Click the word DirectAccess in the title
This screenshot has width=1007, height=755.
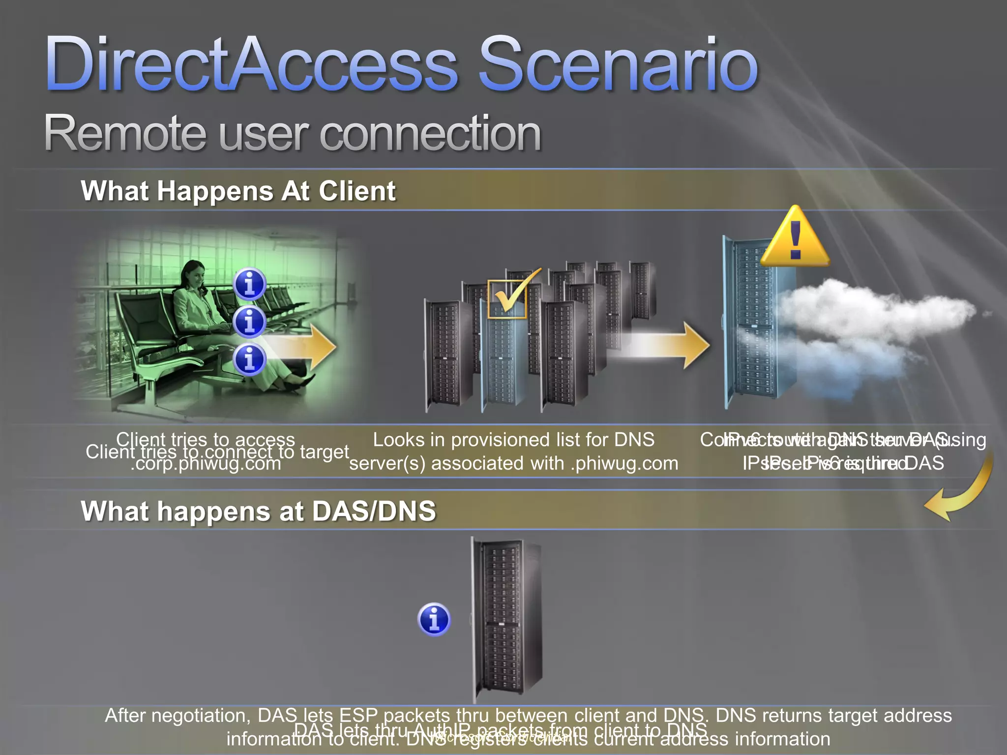coord(251,64)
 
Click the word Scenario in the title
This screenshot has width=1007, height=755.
coord(618,64)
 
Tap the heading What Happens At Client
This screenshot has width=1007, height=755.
coord(238,191)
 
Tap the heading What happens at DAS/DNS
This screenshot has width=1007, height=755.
coord(258,511)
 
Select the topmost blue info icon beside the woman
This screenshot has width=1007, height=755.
coord(249,284)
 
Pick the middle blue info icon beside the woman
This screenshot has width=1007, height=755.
coord(249,322)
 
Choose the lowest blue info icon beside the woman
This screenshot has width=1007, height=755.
coord(249,359)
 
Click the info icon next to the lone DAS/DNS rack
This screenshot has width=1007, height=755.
coord(434,619)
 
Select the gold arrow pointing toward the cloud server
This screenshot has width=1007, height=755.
coord(664,346)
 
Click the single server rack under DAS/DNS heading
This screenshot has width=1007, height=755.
coord(504,619)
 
